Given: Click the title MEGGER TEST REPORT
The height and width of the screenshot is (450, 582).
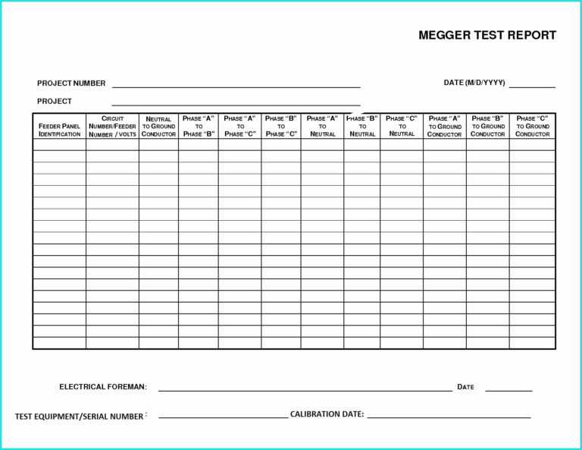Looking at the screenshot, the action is pos(487,35).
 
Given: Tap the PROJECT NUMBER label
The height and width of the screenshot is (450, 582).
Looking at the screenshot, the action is pos(71,83).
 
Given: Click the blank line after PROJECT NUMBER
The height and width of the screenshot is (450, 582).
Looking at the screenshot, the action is pos(236,87).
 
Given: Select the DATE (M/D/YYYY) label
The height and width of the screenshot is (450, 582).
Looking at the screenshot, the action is pos(474,83).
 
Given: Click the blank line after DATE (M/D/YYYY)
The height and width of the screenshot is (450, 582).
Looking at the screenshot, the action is pos(532,87).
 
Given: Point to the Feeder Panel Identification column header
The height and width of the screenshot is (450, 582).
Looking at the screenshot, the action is pos(59,130).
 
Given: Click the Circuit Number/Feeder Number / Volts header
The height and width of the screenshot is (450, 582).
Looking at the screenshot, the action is pos(112,126).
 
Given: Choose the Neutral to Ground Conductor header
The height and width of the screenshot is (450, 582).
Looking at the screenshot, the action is pos(158,127).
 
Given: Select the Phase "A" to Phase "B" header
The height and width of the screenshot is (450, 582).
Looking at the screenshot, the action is pos(199,126).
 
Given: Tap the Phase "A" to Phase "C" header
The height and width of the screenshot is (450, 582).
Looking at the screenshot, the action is pos(239,126).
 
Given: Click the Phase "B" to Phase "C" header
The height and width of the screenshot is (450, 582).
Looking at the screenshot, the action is pos(280,126).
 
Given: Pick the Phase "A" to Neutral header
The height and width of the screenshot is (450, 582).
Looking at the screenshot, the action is pos(322,126).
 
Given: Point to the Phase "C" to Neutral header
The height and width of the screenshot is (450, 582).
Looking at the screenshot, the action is pos(402,126).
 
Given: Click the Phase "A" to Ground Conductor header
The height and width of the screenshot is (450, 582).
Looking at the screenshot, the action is pos(444,126).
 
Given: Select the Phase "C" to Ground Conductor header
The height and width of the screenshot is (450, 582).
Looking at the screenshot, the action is pos(532,126).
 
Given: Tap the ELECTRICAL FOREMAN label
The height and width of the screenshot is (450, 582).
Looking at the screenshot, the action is pos(103,387).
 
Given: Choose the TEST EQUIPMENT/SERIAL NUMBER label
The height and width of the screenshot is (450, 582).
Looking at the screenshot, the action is pos(80,416).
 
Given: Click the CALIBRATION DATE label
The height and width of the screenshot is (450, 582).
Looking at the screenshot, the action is pos(327,414).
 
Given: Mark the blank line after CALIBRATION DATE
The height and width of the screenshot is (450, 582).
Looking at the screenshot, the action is pos(449,417).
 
